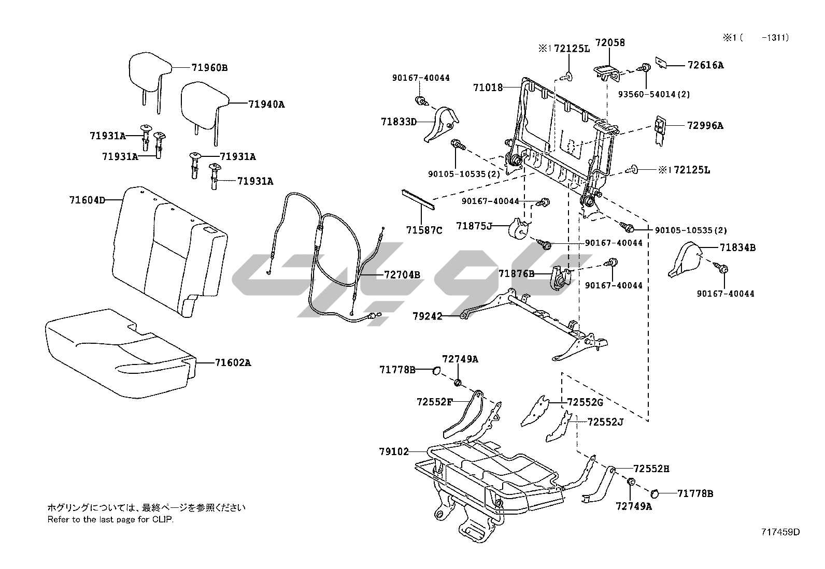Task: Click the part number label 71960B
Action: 209,67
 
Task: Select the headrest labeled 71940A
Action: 204,105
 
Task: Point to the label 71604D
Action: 87,200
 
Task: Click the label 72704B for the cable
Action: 402,274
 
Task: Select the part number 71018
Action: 488,87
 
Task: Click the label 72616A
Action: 705,65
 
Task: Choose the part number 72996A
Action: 705,125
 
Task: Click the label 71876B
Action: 516,273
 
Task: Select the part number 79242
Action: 428,315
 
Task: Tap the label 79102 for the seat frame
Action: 393,451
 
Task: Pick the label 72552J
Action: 605,422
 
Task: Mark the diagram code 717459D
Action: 780,532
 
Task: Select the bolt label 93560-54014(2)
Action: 654,94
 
